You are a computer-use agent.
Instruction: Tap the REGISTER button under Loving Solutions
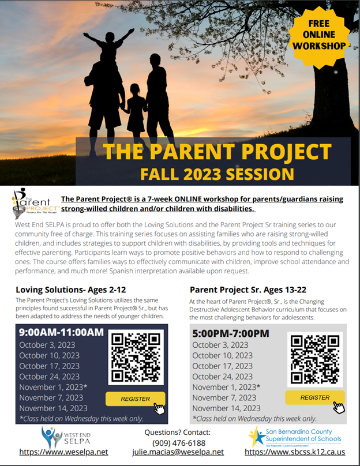pyautogui.click(x=135, y=399)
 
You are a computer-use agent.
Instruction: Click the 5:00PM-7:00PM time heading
pyautogui.click(x=231, y=333)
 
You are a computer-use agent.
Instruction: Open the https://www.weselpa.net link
pyautogui.click(x=63, y=452)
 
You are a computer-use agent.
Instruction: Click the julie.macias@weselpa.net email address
pyautogui.click(x=178, y=452)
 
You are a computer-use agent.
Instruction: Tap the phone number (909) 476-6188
pyautogui.click(x=179, y=442)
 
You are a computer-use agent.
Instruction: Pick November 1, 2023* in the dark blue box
pyautogui.click(x=53, y=387)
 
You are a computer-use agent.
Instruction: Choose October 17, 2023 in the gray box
pyautogui.click(x=222, y=366)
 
